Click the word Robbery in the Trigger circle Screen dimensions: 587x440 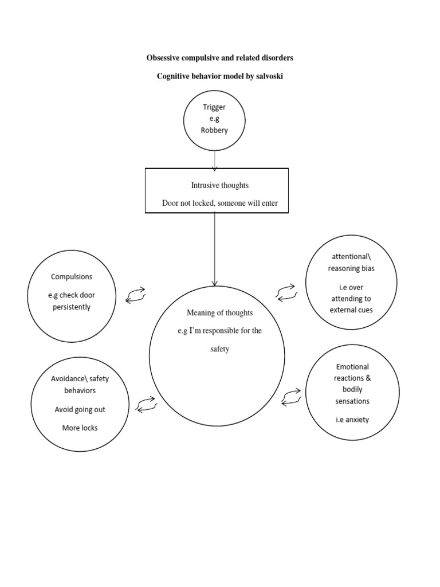214,130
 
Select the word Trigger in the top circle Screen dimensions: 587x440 214,107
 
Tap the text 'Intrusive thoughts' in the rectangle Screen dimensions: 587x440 220,185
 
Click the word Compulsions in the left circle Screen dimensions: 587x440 72,276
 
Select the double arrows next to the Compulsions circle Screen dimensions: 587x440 136,295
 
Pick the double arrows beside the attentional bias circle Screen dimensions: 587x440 285,292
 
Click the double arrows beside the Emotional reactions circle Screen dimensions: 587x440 292,396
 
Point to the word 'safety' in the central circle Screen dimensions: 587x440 219,349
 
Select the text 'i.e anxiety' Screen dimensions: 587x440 353,419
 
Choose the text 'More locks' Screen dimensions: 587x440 80,428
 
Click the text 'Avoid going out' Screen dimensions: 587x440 80,410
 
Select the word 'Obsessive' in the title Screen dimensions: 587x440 163,58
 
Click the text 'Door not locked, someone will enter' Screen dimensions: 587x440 220,203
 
